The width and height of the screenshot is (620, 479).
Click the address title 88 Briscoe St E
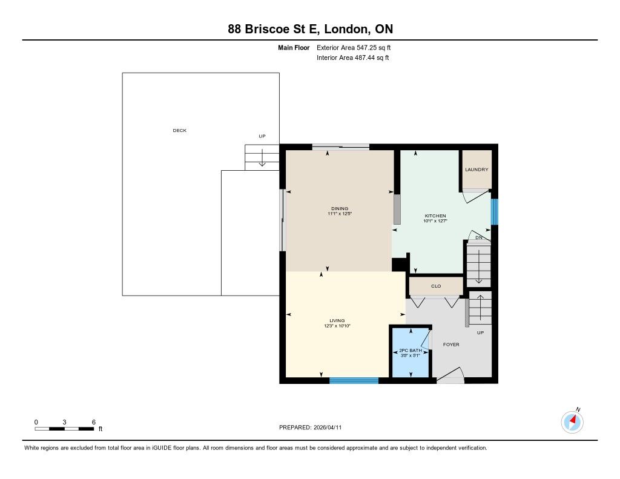click(x=276, y=29)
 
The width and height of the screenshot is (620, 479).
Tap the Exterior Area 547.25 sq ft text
click(x=354, y=47)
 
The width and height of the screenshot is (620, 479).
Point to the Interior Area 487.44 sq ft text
click(x=353, y=58)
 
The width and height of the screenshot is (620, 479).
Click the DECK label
click(x=179, y=131)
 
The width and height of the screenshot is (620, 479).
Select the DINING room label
click(x=340, y=208)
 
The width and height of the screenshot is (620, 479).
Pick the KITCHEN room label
click(x=435, y=216)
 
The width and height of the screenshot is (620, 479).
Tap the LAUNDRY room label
click(x=477, y=170)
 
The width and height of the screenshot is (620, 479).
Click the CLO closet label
click(x=436, y=286)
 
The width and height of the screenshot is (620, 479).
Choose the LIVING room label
click(x=337, y=321)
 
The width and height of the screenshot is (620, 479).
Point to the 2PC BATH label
click(x=411, y=351)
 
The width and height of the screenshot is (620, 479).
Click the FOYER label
click(x=451, y=345)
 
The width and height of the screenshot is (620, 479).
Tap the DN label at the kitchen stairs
click(x=479, y=238)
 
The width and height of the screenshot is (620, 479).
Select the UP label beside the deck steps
click(x=262, y=136)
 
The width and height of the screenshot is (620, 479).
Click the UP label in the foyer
click(x=480, y=332)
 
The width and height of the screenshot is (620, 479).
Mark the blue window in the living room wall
click(x=354, y=380)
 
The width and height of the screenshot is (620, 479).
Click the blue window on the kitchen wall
click(x=494, y=211)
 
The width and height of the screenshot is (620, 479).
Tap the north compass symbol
click(x=573, y=421)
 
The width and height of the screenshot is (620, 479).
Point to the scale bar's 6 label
click(x=94, y=422)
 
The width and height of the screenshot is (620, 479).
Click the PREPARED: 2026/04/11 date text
click(x=311, y=428)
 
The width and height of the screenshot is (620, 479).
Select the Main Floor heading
click(x=294, y=48)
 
